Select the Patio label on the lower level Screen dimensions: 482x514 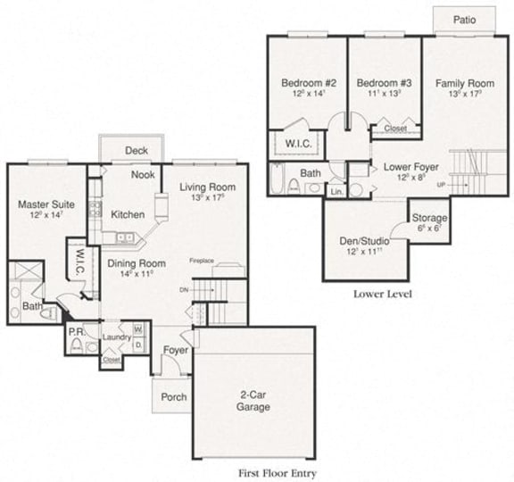[x=463, y=19]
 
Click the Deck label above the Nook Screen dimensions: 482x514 [x=136, y=150]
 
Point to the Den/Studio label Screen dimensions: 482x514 [x=362, y=240]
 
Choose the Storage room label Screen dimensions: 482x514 [x=429, y=218]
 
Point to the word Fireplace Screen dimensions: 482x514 [x=202, y=261]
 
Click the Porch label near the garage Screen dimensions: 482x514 [x=173, y=396]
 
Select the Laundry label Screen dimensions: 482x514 [x=117, y=337]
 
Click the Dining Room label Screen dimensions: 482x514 [x=137, y=263]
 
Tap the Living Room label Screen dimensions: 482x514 [x=206, y=187]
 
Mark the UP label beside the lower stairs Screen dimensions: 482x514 [x=441, y=185]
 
